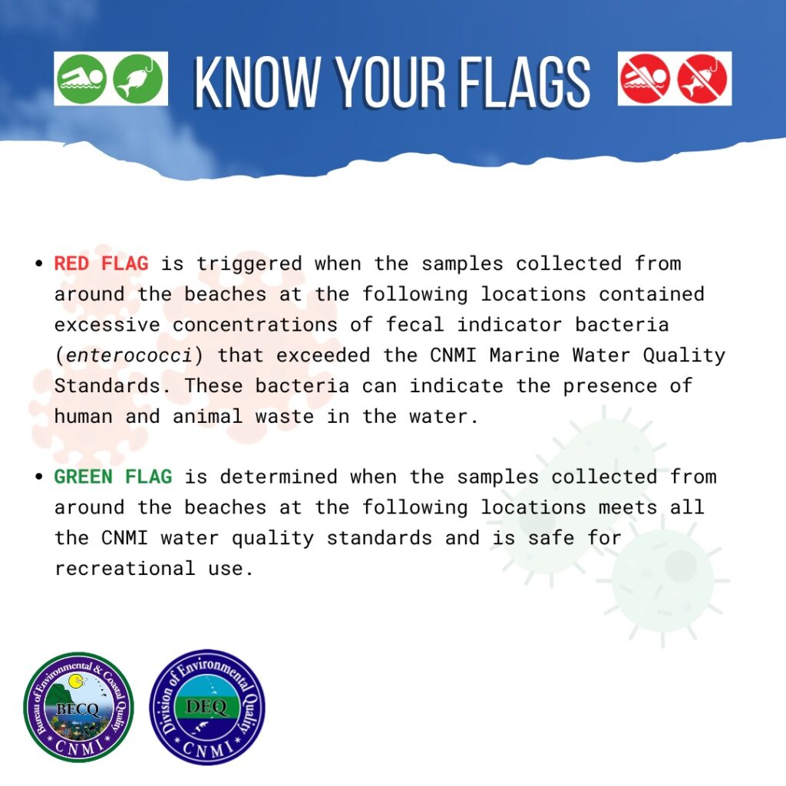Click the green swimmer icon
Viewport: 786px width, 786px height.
[x=81, y=79]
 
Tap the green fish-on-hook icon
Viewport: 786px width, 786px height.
[x=138, y=79]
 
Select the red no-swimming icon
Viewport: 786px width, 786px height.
[x=645, y=79]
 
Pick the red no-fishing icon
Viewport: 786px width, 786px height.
[x=702, y=79]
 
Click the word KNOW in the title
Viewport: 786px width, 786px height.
[x=258, y=81]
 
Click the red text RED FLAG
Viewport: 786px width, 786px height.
[x=101, y=264]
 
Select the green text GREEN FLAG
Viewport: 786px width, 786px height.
[x=114, y=477]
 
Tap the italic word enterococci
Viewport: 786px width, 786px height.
[x=129, y=355]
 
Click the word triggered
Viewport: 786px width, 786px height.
[x=249, y=264]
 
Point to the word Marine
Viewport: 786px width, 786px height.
[x=524, y=355]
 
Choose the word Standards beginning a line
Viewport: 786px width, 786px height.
[x=107, y=386]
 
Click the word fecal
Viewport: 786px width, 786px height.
[x=415, y=325]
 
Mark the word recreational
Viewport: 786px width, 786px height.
[x=125, y=569]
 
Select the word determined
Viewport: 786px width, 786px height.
[x=279, y=477]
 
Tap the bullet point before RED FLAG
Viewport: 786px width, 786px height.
[x=39, y=264]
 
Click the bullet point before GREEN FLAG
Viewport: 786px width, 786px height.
[x=39, y=477]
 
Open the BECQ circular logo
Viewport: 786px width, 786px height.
[x=78, y=707]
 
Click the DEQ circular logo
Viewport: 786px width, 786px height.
[x=207, y=707]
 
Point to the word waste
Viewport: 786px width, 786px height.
[x=285, y=417]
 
